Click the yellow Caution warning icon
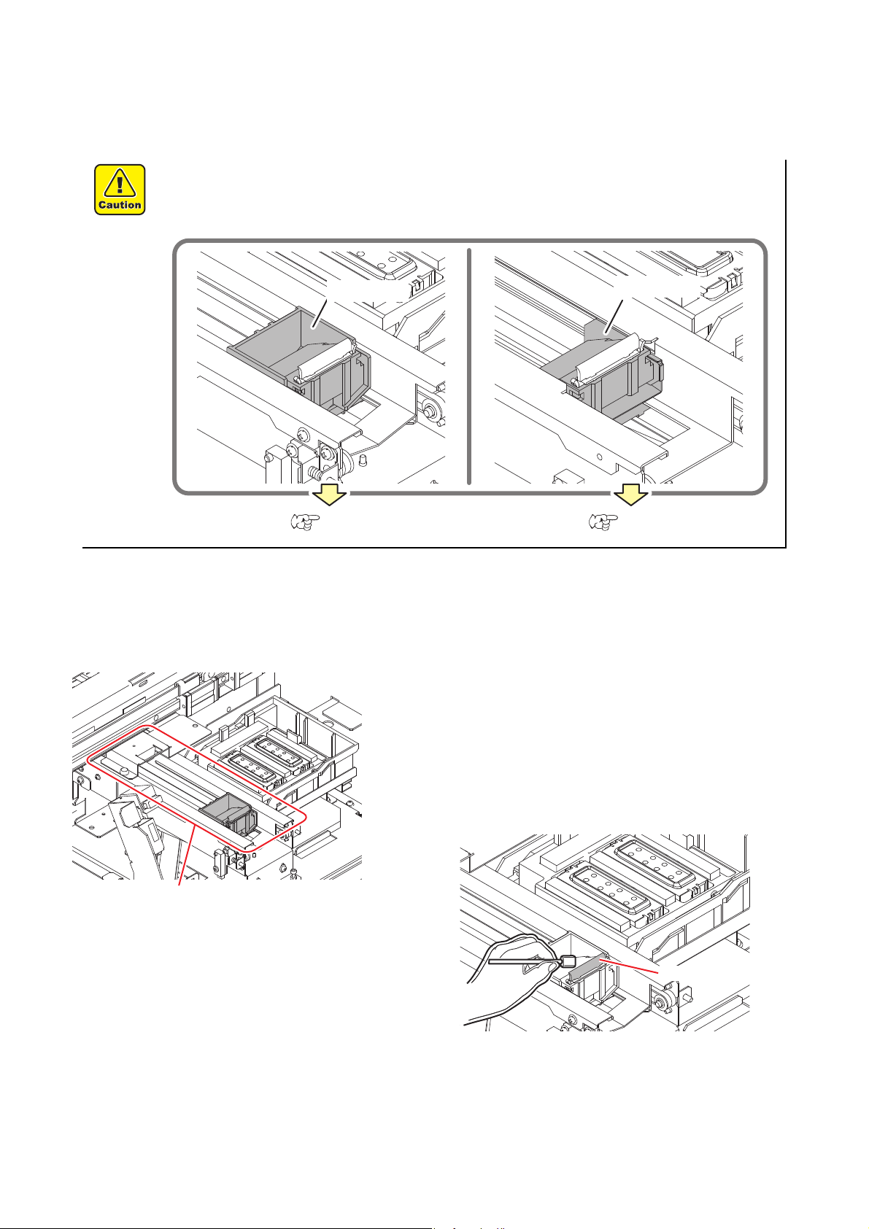[120, 190]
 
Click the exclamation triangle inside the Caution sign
[120, 182]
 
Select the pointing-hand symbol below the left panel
[306, 522]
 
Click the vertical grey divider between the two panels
[469, 366]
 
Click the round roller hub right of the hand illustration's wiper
[660, 1001]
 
